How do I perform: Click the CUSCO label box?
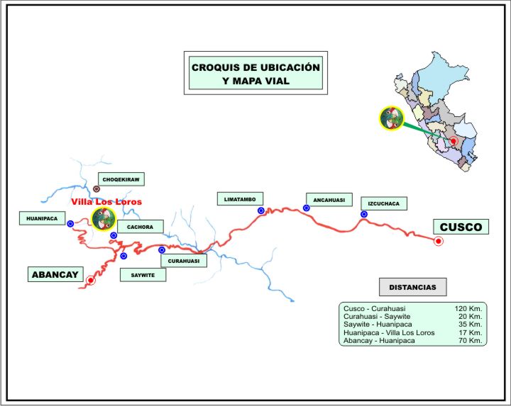click(461, 227)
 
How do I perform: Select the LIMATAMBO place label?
click(241, 199)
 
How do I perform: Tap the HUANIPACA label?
click(41, 219)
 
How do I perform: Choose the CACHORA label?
click(141, 227)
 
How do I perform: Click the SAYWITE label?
click(143, 274)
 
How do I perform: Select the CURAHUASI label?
click(184, 261)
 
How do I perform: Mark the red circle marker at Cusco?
click(439, 241)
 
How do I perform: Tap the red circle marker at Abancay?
click(90, 281)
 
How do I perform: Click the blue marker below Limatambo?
click(261, 210)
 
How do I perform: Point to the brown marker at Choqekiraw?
click(97, 189)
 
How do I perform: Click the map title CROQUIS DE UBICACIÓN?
click(255, 67)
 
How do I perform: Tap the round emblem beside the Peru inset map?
click(391, 118)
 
